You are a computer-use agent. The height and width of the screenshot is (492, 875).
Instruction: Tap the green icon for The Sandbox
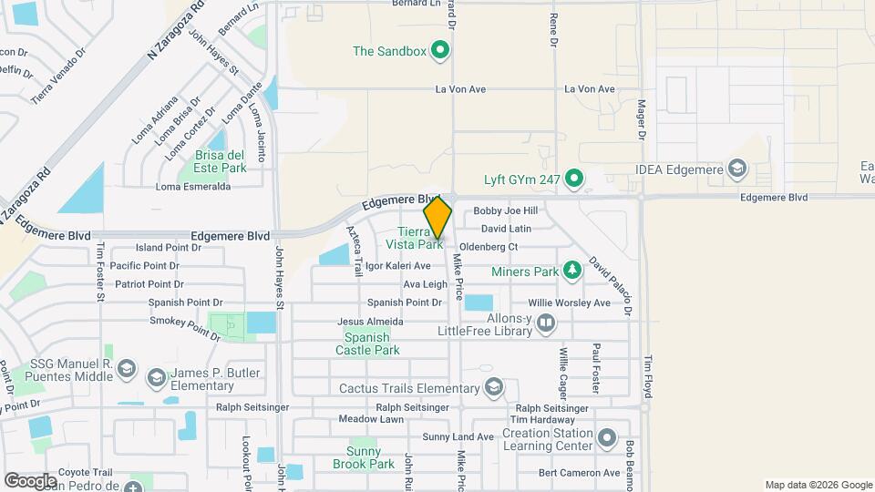(441, 50)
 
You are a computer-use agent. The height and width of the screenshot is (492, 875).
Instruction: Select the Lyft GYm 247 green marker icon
(573, 178)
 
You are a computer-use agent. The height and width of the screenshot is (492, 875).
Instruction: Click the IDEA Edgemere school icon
(737, 168)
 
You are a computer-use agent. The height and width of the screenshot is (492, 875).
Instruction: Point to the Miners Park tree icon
(571, 270)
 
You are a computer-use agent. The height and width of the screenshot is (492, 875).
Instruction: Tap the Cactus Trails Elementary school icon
(494, 388)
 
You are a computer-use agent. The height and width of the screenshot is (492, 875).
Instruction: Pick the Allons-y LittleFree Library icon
(545, 322)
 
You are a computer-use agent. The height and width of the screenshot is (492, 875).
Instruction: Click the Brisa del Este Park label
(221, 161)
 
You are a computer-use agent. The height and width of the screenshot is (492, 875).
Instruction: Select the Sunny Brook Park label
(370, 457)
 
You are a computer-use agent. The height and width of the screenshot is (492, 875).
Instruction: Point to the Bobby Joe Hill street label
(506, 211)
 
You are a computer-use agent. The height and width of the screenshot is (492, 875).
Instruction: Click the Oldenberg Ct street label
(489, 247)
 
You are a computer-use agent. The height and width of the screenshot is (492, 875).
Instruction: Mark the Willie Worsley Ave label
(570, 302)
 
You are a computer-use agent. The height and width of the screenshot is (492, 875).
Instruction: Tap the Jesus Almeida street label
(370, 322)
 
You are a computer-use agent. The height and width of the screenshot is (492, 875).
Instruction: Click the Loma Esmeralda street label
(193, 187)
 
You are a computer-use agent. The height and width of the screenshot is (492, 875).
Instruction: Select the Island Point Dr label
(169, 248)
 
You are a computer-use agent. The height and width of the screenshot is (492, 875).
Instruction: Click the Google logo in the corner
(30, 479)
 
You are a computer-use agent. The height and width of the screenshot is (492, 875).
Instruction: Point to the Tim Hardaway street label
(543, 420)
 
